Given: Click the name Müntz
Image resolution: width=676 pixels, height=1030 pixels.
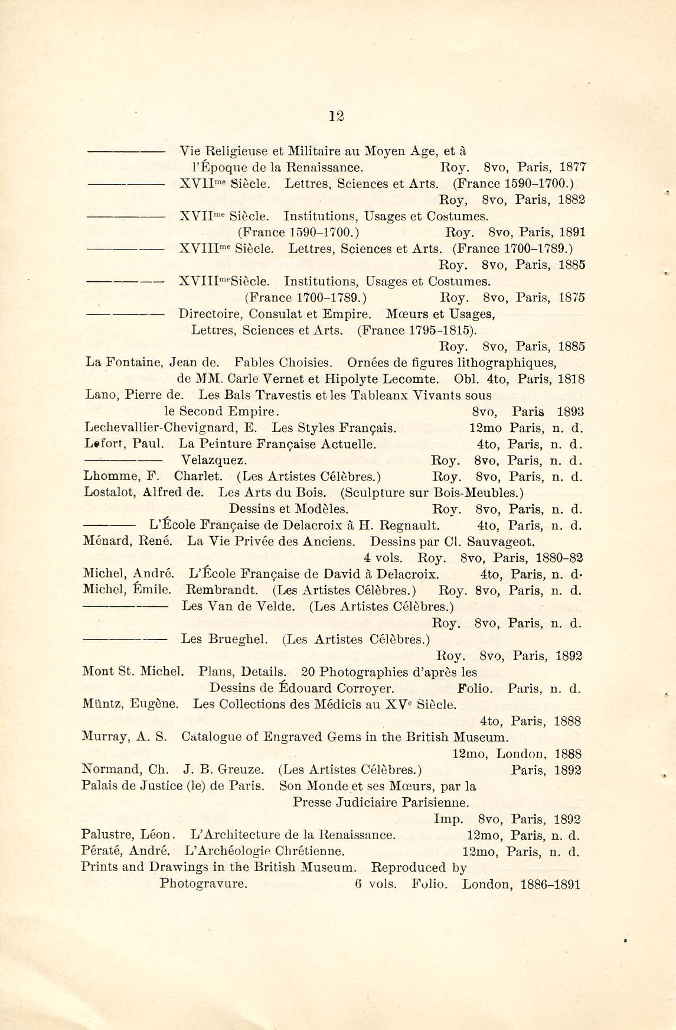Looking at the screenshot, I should (x=102, y=704).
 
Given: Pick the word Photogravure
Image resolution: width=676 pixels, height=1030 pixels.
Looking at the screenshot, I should (x=203, y=885).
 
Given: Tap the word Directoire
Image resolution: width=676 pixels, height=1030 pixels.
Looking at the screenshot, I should (x=210, y=313).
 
